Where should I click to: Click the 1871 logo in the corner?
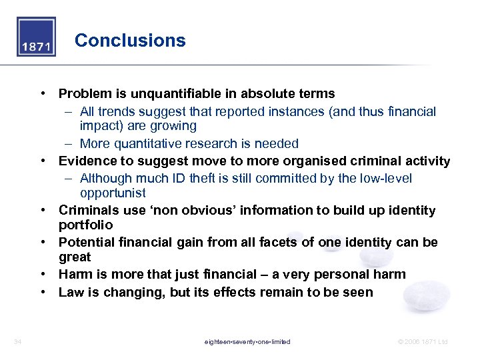(x=36, y=37)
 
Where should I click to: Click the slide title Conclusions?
(x=130, y=41)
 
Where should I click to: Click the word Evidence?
(x=87, y=161)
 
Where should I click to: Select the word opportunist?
(x=113, y=193)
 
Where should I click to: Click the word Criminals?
(x=89, y=211)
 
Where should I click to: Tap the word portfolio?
(x=85, y=225)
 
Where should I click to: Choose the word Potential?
(x=87, y=242)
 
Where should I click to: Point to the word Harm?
(x=75, y=274)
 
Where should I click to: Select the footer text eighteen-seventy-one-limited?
(x=247, y=341)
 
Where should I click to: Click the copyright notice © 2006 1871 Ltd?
(x=422, y=341)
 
